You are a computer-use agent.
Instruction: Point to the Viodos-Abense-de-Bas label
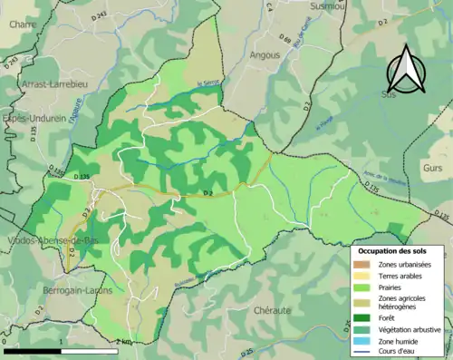point(38,240)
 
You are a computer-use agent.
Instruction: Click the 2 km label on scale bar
point(122,341)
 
